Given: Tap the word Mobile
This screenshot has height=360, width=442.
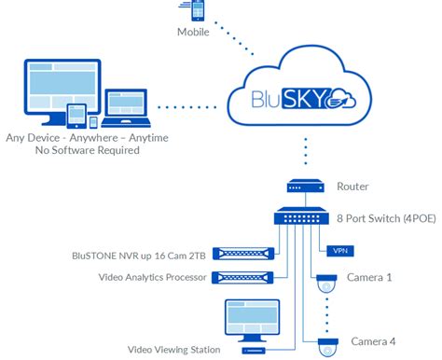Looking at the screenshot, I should (x=193, y=34).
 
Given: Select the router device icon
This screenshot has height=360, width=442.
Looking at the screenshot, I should (x=304, y=187).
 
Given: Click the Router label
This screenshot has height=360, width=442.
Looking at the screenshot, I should (x=352, y=187).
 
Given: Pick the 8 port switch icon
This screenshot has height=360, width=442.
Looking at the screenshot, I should (x=304, y=218).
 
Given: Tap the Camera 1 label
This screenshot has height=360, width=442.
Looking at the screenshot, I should (x=369, y=277).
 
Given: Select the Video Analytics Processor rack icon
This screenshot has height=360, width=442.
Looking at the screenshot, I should (x=244, y=277).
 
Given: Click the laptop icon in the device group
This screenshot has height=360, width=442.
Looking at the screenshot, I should (x=128, y=110).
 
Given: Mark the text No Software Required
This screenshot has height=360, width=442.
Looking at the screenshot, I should (x=88, y=150).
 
